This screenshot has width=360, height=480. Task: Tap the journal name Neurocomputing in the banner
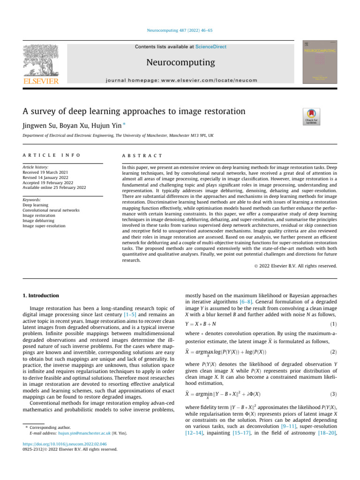[180, 62]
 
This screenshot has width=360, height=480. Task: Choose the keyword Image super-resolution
[45, 226]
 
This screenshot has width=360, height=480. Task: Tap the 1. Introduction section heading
[41, 296]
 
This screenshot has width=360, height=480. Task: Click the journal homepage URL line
[180, 80]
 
